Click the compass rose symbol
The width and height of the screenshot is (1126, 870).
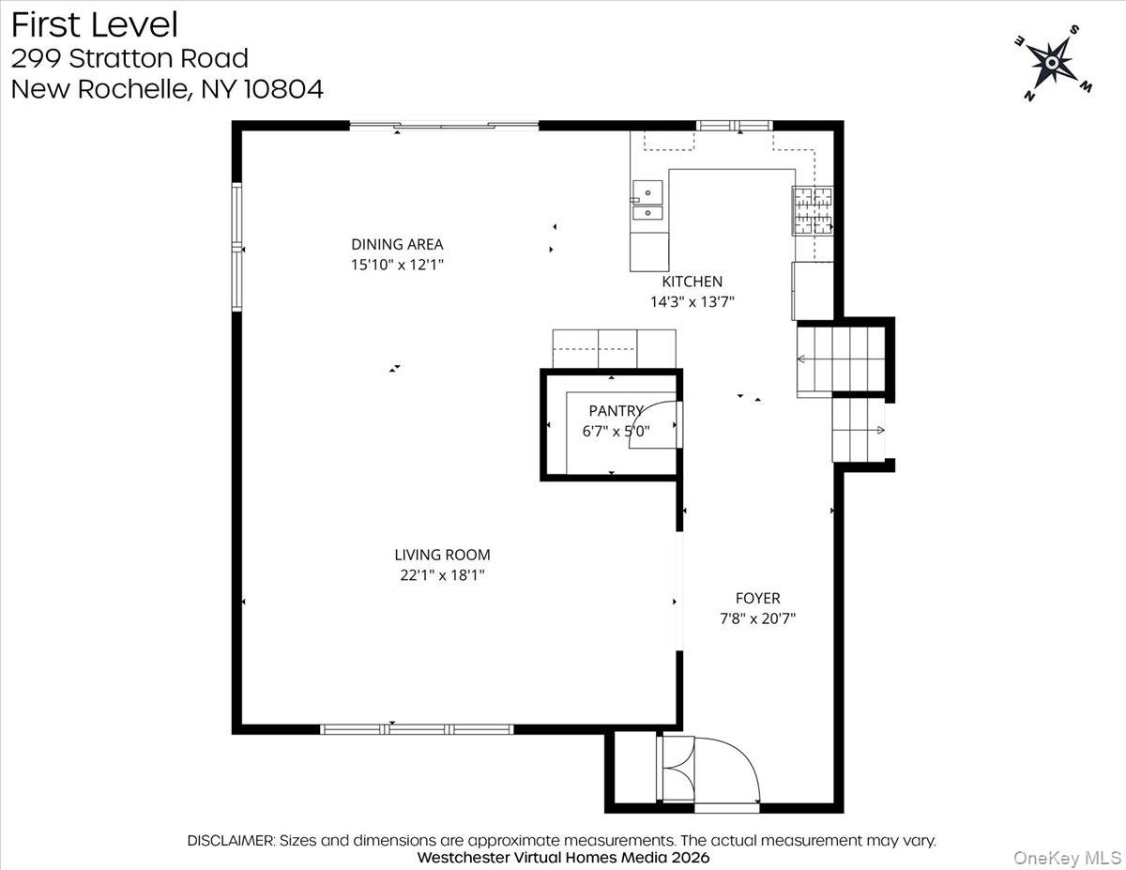[x=1052, y=63]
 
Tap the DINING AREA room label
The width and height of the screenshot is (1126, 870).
[x=397, y=244]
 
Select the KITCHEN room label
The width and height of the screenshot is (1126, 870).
[x=692, y=281]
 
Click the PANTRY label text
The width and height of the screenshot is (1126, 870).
[x=616, y=410]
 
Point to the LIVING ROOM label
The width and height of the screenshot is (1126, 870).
[x=442, y=555]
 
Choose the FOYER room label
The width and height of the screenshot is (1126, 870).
[x=757, y=598]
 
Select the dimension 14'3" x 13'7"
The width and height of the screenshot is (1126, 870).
[x=692, y=301]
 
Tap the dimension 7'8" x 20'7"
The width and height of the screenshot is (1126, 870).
[x=757, y=618]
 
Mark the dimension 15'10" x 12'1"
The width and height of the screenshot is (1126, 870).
[x=397, y=265]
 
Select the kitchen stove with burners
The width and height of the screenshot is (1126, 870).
[x=813, y=210]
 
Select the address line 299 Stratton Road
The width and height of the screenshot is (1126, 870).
[x=129, y=58]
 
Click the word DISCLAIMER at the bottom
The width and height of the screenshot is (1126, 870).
[x=231, y=840]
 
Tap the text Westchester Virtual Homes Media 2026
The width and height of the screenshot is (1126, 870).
[x=563, y=857]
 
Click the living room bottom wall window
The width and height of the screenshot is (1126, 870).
[x=417, y=728]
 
